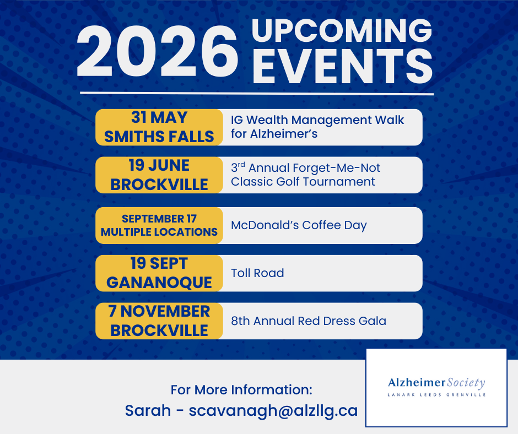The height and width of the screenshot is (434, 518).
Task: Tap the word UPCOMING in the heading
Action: pos(342,31)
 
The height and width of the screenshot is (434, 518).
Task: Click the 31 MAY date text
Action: pos(159,117)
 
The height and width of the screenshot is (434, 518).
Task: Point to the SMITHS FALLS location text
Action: pos(159,137)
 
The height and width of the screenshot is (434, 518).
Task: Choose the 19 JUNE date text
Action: pos(159,165)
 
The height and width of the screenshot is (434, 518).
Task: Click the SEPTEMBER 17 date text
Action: pos(159,218)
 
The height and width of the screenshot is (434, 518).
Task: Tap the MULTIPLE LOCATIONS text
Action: pos(159,232)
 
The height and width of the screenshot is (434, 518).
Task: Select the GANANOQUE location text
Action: pos(159,282)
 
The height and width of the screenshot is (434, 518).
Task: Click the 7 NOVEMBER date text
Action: pos(159,311)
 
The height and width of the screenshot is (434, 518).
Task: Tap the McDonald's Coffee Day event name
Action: pos(299,225)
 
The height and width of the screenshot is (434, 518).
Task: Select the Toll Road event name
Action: pos(257,273)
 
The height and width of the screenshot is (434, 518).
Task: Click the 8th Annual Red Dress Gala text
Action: pos(309,321)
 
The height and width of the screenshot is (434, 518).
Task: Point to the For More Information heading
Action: pos(241,390)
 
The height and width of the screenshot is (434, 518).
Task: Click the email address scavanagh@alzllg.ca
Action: pos(273,411)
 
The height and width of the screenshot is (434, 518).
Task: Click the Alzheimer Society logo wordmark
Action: pos(436,383)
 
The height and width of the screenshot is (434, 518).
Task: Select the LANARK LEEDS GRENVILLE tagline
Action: pos(436,395)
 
